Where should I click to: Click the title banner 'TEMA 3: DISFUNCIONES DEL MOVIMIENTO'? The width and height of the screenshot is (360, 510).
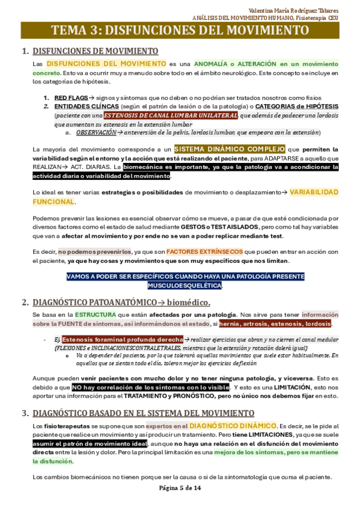click(x=180, y=30)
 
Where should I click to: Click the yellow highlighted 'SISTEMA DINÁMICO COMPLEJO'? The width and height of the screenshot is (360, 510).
click(x=230, y=149)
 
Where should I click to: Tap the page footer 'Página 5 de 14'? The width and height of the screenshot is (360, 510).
click(x=180, y=488)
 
